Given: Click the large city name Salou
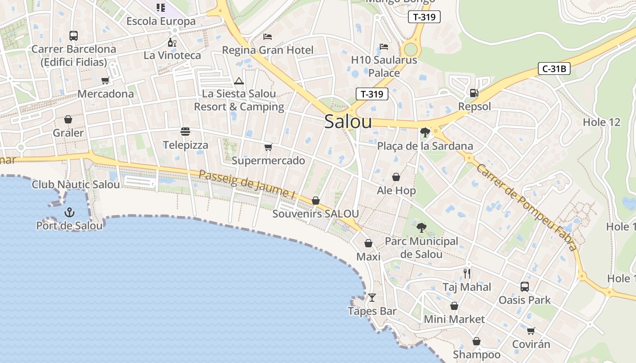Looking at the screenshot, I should tap(348, 122).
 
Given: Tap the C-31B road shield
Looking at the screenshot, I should tap(554, 69).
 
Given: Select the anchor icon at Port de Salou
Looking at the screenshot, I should tap(70, 212).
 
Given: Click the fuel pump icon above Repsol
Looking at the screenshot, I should tap(474, 93).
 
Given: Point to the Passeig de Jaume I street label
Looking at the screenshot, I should tap(247, 184).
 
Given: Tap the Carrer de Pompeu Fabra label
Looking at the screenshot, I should tap(527, 207).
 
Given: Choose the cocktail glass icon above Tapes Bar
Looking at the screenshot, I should tap(372, 298).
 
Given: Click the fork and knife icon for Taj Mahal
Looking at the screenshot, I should tap(467, 273).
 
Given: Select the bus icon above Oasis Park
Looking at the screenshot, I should tap(525, 287).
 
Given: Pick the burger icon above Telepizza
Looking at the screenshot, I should tap(185, 132).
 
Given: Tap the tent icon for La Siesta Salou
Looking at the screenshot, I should tap(239, 81).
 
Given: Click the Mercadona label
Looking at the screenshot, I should tap(106, 94).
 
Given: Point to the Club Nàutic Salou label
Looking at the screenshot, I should tap(76, 185).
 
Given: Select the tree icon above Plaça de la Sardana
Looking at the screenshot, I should tap(425, 132).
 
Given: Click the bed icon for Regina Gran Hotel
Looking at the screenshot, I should tap(268, 36).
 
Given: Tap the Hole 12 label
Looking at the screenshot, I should tap(601, 122).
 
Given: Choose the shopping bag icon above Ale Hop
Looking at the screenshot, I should tap(396, 177).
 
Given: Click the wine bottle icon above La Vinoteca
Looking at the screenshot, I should tap(172, 43).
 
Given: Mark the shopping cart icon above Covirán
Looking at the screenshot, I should tap(531, 331).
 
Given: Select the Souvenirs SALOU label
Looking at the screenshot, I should tap(316, 214).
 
